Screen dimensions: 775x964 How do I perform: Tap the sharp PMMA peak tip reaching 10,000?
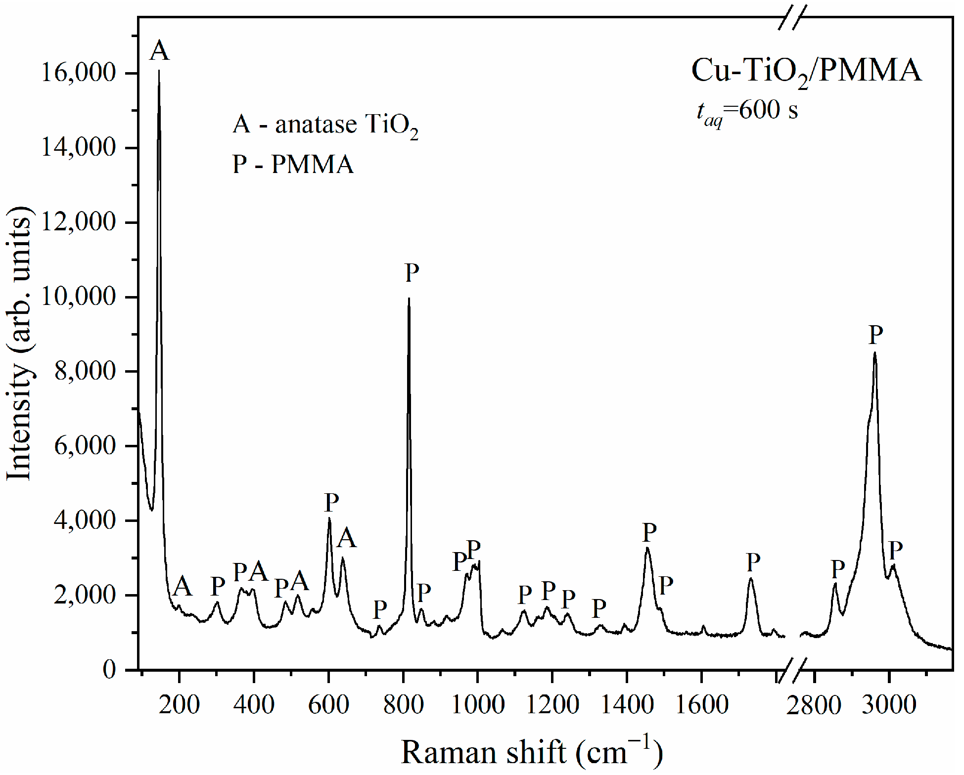tap(409, 299)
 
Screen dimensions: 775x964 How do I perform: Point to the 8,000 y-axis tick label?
tap(85, 371)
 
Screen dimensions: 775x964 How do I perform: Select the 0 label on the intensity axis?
tap(109, 670)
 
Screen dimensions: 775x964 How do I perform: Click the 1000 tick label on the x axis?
tap(478, 704)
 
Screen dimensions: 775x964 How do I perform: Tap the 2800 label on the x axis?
tap(814, 704)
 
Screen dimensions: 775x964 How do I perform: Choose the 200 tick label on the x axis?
tap(179, 704)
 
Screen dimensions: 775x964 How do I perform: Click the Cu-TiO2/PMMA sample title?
tap(806, 72)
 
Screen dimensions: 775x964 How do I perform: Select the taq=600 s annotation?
tap(747, 112)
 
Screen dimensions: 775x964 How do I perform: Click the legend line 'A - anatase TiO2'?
tap(325, 125)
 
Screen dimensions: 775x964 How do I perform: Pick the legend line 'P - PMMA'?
tap(293, 164)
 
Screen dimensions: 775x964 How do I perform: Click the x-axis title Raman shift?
tap(531, 752)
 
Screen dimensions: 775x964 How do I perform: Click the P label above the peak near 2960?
tap(875, 336)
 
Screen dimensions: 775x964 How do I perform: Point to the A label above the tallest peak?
tap(159, 51)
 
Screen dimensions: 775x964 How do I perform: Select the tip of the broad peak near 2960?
tap(875, 353)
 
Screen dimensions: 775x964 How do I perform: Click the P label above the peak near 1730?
tap(753, 562)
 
